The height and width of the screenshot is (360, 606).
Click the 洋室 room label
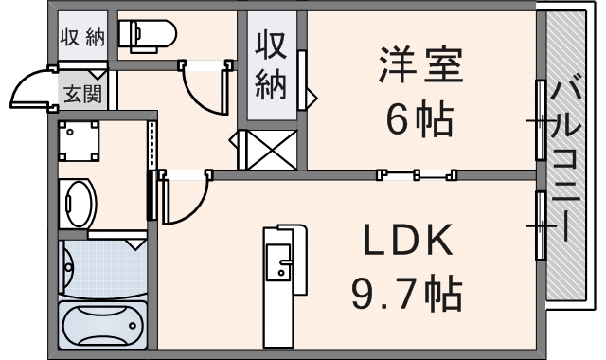point(420,68)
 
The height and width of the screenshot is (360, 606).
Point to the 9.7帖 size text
point(407,294)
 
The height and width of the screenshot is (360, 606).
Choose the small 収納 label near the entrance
point(82,38)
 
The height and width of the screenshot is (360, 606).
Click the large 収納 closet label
point(273,66)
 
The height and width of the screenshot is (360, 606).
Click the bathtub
point(101,325)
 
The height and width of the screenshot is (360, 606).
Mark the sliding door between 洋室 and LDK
point(417,174)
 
